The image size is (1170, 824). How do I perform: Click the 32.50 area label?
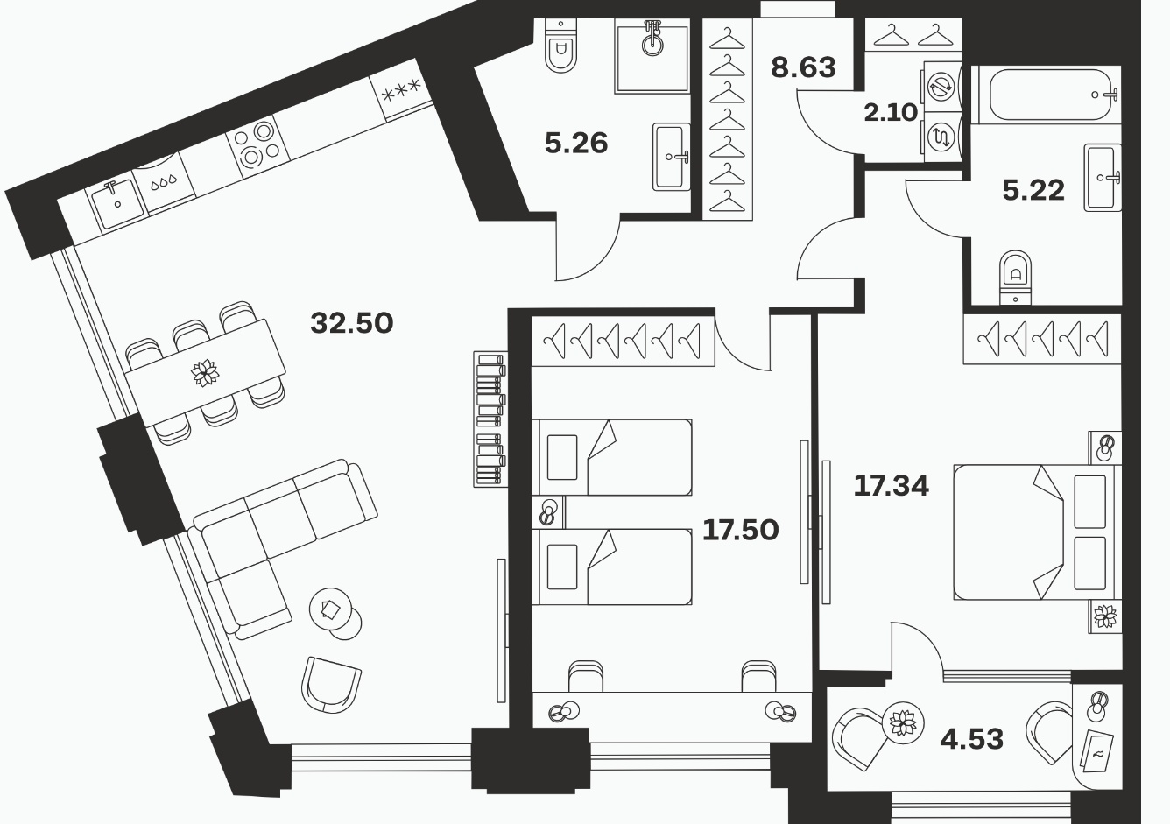point(351,323)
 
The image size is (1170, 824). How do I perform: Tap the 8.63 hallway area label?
point(803,67)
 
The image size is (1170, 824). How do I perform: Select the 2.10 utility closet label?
point(891,112)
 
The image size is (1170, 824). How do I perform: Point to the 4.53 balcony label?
point(971,739)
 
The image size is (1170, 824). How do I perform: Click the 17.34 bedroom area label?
point(892,486)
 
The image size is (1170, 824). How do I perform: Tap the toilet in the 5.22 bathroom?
point(1015,277)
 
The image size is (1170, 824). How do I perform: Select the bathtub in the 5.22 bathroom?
point(1047,95)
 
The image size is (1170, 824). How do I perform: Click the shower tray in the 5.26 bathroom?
point(652,56)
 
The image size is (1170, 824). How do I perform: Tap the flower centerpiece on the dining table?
point(205,373)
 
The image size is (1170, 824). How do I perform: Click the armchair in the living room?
point(331,685)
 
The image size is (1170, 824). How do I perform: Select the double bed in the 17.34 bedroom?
point(1037,532)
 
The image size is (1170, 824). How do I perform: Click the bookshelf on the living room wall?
point(490,419)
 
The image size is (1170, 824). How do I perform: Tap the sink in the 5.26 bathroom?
point(671,157)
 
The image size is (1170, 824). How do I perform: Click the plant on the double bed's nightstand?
point(1105,616)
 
